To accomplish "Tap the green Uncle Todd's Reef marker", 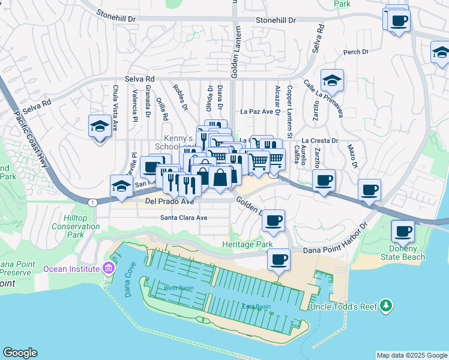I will pos(385,307).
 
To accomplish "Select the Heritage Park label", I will pos(247,245).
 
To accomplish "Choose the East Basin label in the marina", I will pos(256,307).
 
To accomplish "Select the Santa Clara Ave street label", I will pos(183,218).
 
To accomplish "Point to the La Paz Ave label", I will pos(261,111).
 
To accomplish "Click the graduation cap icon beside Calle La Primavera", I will pos(331,80).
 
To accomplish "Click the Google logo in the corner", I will pos(20,352).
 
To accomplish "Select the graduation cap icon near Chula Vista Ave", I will pos(100,126).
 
